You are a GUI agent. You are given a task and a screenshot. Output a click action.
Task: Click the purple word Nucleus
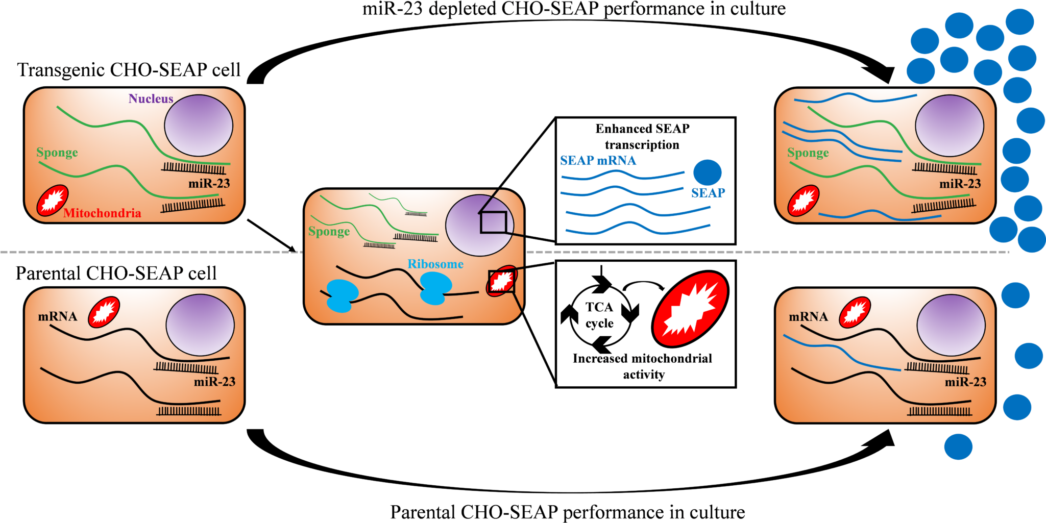pyautogui.click(x=151, y=98)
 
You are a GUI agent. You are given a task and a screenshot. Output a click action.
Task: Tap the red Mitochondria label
pyautogui.click(x=102, y=213)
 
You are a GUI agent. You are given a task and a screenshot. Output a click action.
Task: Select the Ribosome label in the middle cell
pyautogui.click(x=435, y=264)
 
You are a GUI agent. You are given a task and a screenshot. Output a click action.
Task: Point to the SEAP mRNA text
pyautogui.click(x=598, y=161)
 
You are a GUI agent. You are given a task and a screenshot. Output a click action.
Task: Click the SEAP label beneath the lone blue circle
pyautogui.click(x=708, y=193)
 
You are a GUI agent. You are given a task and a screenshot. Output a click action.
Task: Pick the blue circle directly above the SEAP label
pyautogui.click(x=707, y=172)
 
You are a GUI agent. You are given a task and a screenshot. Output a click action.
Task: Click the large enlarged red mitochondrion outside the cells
pyautogui.click(x=690, y=309)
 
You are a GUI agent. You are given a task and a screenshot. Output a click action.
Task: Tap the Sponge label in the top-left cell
pyautogui.click(x=57, y=153)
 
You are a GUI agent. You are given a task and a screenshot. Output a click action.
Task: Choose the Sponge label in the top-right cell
pyautogui.click(x=808, y=153)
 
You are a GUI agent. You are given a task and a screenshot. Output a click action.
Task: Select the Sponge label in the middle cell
pyautogui.click(x=329, y=232)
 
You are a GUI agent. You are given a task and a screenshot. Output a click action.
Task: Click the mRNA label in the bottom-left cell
pyautogui.click(x=57, y=316)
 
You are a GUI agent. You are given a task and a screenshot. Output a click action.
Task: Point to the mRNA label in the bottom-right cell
pyautogui.click(x=808, y=317)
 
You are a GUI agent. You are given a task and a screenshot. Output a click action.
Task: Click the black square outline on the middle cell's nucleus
pyautogui.click(x=493, y=222)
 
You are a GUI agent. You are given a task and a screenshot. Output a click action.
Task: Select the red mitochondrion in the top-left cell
pyautogui.click(x=52, y=200)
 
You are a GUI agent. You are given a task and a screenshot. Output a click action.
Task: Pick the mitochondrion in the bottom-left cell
pyautogui.click(x=104, y=312)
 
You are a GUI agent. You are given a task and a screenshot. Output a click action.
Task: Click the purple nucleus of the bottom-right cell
pyautogui.click(x=951, y=325)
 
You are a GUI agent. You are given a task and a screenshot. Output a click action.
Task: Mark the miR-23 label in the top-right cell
pyautogui.click(x=960, y=184)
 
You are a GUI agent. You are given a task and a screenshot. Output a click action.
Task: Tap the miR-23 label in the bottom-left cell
pyautogui.click(x=214, y=382)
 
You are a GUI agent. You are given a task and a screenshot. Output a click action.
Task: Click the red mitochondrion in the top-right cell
pyautogui.click(x=803, y=200)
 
